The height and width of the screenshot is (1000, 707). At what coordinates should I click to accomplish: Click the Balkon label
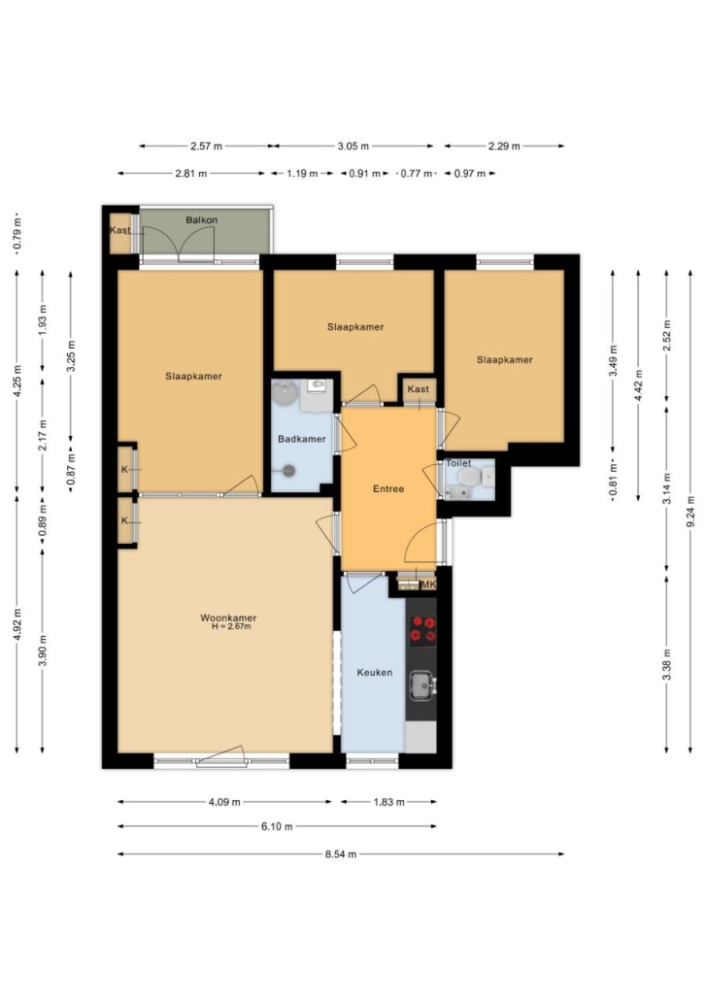pos(202,220)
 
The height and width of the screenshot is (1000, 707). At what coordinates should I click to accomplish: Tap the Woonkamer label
pos(228,617)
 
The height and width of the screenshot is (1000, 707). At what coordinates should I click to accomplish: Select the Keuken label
pos(375,672)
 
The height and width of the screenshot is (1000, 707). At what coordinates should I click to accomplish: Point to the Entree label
pos(388,489)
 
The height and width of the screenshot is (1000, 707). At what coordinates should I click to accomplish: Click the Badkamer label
pos(302,439)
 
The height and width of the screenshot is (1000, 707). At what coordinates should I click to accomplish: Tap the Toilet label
pos(458,463)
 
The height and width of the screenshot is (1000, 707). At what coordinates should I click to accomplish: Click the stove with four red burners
pos(422,630)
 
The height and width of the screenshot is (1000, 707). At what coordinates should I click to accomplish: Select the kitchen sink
pos(421,684)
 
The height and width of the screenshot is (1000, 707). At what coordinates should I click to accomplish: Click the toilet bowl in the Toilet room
pos(468,478)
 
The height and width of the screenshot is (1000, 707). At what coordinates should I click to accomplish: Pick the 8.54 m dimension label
pos(341,854)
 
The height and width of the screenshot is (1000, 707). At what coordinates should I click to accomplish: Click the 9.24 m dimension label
pos(690,512)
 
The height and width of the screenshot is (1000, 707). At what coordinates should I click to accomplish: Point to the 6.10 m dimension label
pos(277,826)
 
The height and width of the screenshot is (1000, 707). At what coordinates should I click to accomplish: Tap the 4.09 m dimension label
pos(224,802)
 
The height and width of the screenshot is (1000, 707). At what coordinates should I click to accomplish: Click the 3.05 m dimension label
pos(353,146)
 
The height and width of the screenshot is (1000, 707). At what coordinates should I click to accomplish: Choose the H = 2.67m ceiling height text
pos(232,626)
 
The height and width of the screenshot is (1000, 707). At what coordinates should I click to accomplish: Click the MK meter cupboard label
pos(428,584)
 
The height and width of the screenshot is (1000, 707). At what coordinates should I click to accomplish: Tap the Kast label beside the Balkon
pos(120,230)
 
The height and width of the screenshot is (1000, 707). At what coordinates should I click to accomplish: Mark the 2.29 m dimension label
pos(504,146)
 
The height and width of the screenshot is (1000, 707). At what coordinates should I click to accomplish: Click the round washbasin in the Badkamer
pos(285,393)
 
